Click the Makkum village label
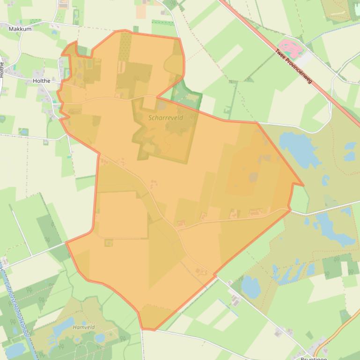20,29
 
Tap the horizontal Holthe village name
42,81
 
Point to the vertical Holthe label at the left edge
2,70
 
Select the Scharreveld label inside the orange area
166,118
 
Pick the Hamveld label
84,328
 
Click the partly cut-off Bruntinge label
313,358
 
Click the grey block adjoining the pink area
303,59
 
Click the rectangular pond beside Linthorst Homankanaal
14,349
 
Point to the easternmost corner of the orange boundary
303,185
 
